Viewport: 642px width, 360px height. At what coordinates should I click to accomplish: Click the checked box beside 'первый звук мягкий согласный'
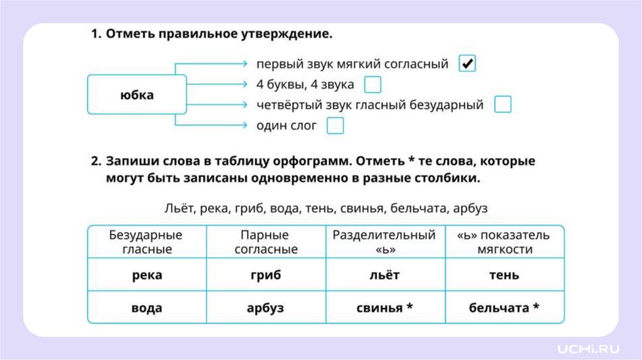pos(467,63)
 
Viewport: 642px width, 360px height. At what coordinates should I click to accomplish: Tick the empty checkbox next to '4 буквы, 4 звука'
pos(372,84)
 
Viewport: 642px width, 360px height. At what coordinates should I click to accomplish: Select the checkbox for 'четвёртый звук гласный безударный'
pos(502,105)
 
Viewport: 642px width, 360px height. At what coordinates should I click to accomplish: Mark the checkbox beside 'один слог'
pos(335,125)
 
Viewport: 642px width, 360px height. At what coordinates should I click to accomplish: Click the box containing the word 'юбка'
pos(137,95)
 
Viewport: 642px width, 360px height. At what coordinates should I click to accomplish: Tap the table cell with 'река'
pos(147,275)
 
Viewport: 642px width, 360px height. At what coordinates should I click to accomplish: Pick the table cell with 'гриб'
pos(265,275)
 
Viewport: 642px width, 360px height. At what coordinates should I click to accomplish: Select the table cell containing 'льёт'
pos(384,275)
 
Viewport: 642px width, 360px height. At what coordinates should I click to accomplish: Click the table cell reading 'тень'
pos(504,275)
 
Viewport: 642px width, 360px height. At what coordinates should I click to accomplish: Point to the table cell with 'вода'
pos(147,308)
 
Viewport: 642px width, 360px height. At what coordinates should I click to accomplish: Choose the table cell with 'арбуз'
pos(265,308)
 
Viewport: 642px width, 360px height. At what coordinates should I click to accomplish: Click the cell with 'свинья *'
pos(384,308)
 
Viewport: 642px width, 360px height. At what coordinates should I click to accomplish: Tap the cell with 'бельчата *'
pos(504,308)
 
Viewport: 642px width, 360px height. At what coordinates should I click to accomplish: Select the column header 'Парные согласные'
pos(265,242)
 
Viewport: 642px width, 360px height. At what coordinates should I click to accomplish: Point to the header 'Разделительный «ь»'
pos(384,242)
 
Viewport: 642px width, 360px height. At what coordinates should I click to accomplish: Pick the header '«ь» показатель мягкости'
pos(504,242)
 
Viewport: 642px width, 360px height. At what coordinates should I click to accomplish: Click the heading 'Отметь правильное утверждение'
pos(218,34)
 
